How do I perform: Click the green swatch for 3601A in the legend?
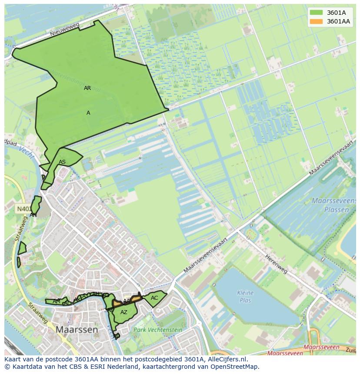click(317, 13)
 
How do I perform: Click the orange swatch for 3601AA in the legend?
click(317, 21)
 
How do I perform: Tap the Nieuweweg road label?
click(65, 30)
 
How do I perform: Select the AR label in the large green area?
click(87, 88)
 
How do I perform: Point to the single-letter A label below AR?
click(88, 113)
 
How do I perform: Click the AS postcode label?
click(62, 162)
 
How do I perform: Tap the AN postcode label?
click(33, 215)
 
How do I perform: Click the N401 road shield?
click(23, 209)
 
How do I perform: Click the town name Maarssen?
click(77, 330)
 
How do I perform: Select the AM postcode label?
click(57, 301)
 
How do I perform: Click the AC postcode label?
click(154, 298)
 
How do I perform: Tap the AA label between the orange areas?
click(127, 301)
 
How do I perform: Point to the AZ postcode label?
click(124, 312)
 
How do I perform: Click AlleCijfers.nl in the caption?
click(226, 359)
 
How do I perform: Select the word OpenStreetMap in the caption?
click(234, 367)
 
